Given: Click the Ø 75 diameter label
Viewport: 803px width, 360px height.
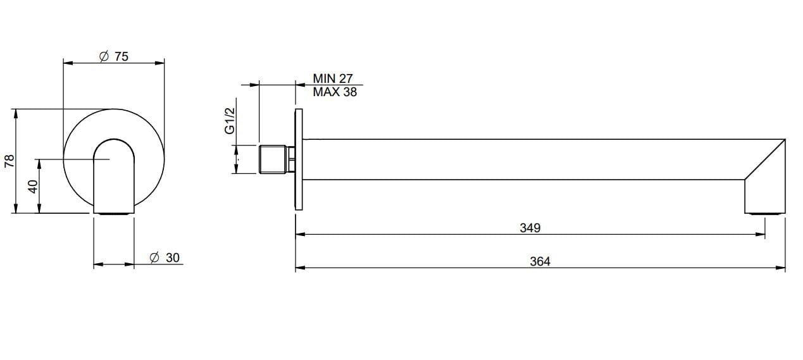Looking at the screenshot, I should pos(114,56).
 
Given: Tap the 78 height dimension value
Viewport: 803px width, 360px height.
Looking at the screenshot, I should pos(9,161).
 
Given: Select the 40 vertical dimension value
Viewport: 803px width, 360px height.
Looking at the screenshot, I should pos(34,186).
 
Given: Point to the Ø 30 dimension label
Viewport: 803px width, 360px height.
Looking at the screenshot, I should pos(165,258).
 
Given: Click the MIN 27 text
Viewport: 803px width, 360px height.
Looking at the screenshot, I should pos(333,79).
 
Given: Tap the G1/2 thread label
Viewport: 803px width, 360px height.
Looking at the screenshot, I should pos(230,120).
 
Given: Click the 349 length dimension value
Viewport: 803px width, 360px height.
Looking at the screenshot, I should pos(530,228).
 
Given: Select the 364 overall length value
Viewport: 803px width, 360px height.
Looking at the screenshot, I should pos(540,261).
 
